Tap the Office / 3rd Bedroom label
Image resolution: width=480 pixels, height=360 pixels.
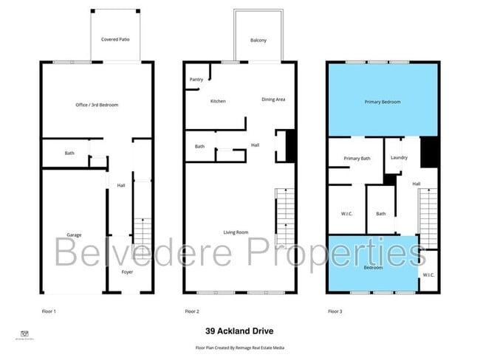(97, 105)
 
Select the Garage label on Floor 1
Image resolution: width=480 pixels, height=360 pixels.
(74, 235)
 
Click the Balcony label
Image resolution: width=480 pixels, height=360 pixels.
(258, 40)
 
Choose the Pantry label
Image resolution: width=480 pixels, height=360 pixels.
(196, 79)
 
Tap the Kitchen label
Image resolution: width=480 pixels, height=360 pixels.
(218, 101)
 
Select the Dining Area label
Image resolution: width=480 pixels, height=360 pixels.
(273, 100)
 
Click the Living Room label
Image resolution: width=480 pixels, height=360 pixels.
(236, 232)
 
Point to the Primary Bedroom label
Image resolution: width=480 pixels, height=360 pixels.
(383, 102)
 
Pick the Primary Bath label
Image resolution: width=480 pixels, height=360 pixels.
(357, 158)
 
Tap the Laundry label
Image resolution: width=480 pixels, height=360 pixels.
(399, 157)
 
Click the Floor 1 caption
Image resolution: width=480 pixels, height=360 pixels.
(49, 311)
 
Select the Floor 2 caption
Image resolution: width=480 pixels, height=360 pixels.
(192, 311)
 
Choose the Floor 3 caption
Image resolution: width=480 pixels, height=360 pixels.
(335, 311)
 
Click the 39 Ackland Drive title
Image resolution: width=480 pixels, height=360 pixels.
(239, 331)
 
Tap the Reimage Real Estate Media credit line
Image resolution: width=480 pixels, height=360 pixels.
(239, 347)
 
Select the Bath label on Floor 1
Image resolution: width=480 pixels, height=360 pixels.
(69, 153)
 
